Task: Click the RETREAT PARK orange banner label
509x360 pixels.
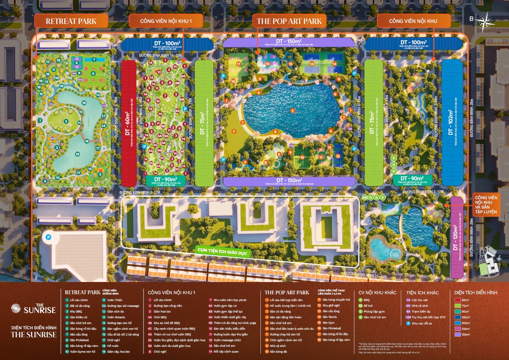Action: [71, 21]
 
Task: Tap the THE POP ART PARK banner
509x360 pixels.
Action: [289, 21]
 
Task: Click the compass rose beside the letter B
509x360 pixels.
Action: [485, 21]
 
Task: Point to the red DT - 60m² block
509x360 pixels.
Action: [128, 123]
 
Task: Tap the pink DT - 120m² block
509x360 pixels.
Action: [457, 237]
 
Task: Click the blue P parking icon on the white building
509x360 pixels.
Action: [49, 237]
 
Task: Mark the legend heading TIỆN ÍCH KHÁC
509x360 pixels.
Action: [422, 292]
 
